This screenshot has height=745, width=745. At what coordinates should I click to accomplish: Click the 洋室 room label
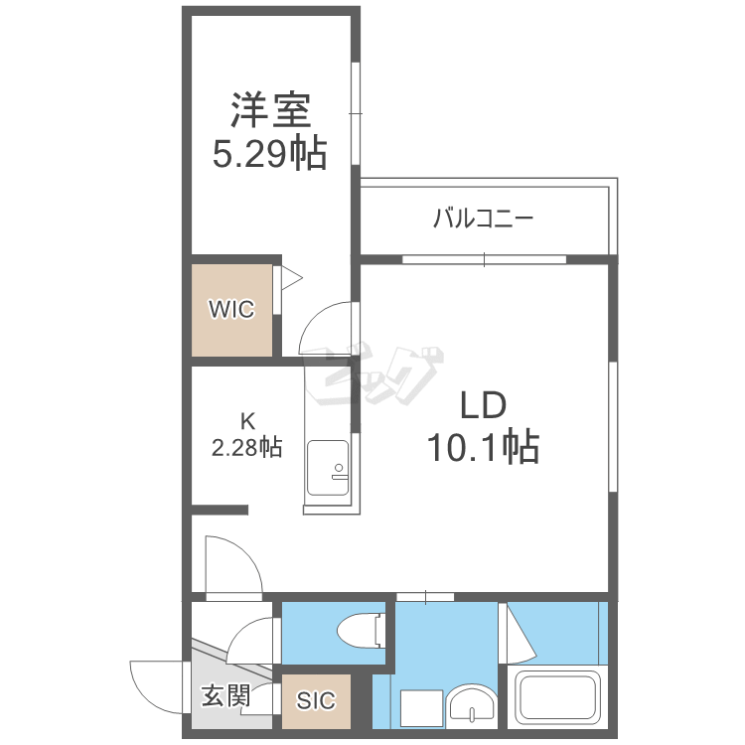pyautogui.click(x=271, y=110)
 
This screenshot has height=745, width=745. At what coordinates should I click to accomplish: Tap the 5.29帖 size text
pyautogui.click(x=269, y=153)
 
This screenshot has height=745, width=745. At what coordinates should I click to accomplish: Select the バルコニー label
pyautogui.click(x=483, y=220)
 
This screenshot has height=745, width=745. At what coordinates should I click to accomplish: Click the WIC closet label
pyautogui.click(x=231, y=309)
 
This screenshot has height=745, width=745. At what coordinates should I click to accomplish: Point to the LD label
pyautogui.click(x=483, y=405)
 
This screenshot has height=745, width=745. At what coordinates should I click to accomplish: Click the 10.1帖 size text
pyautogui.click(x=483, y=447)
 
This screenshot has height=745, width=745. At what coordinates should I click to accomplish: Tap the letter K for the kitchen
pyautogui.click(x=247, y=421)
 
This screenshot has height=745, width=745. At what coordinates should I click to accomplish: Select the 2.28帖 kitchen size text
pyautogui.click(x=246, y=448)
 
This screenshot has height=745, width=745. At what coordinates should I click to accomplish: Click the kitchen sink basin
pyautogui.click(x=328, y=468)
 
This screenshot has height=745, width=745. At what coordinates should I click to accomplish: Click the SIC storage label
pyautogui.click(x=316, y=701)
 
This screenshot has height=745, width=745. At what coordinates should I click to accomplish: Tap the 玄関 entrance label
pyautogui.click(x=225, y=696)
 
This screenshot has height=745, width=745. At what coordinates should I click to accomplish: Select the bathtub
pyautogui.click(x=558, y=697)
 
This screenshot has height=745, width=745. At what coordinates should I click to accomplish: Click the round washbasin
pyautogui.click(x=472, y=705)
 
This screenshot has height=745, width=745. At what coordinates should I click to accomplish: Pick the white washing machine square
pyautogui.click(x=421, y=708)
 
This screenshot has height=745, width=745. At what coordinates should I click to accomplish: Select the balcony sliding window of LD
pyautogui.click(x=484, y=259)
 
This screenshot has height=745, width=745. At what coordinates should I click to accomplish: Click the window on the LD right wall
pyautogui.click(x=613, y=426)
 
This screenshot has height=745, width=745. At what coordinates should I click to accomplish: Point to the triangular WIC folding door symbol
pyautogui.click(x=291, y=278)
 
